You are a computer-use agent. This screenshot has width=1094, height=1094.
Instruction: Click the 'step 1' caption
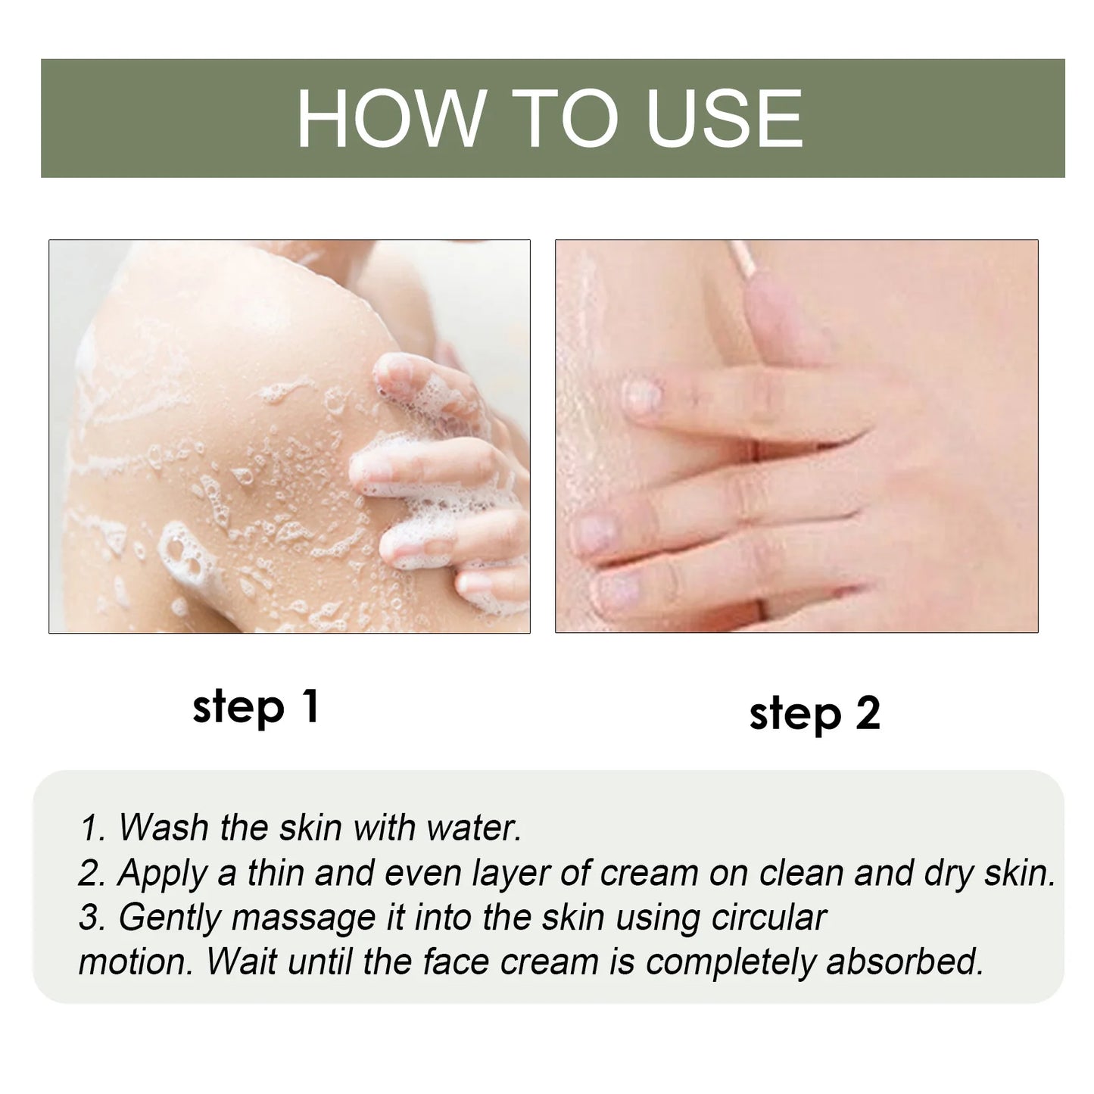255,708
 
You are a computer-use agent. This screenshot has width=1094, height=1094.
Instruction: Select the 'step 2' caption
815,713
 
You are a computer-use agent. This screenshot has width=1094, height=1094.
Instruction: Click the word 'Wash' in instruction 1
164,828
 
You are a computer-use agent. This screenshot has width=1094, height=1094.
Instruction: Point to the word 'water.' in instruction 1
474,828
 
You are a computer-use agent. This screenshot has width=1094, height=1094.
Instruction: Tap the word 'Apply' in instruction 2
162,873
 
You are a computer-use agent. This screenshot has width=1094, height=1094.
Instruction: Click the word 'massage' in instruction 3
304,918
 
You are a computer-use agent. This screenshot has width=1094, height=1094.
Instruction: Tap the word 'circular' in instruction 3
769,918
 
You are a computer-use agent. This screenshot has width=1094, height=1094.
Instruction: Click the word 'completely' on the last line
731,962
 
